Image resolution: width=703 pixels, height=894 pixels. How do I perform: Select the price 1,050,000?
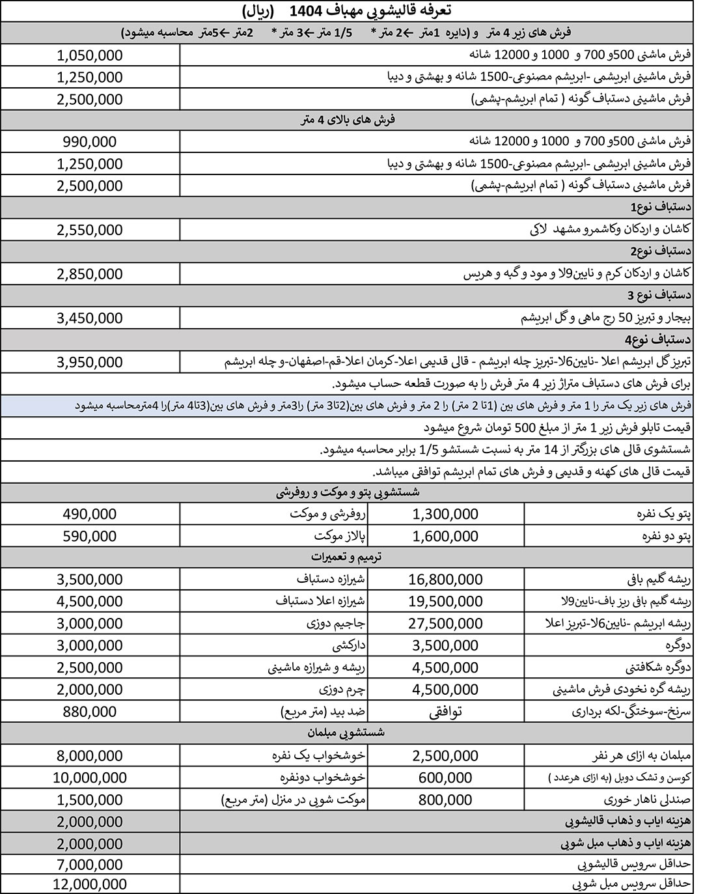90,55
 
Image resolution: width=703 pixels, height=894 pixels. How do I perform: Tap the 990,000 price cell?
90,142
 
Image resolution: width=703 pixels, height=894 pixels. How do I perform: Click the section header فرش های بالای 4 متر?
347,120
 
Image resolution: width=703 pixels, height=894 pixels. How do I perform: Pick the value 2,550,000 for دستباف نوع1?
90,230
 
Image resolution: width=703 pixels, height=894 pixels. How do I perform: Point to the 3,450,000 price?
90,318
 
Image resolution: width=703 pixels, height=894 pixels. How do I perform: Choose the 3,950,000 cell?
90,362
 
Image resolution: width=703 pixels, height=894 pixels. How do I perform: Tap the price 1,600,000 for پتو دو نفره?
446,536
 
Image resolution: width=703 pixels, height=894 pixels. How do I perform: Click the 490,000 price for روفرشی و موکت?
90,514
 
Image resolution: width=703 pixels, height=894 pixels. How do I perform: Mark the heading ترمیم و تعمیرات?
347,557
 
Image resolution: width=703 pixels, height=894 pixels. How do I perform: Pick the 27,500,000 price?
446,623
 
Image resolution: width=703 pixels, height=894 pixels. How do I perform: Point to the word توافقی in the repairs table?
446,711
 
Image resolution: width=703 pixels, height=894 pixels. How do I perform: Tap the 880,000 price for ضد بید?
90,711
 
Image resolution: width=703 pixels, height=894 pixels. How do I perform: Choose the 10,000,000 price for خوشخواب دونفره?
90,777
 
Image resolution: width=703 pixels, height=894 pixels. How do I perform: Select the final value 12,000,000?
90,884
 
